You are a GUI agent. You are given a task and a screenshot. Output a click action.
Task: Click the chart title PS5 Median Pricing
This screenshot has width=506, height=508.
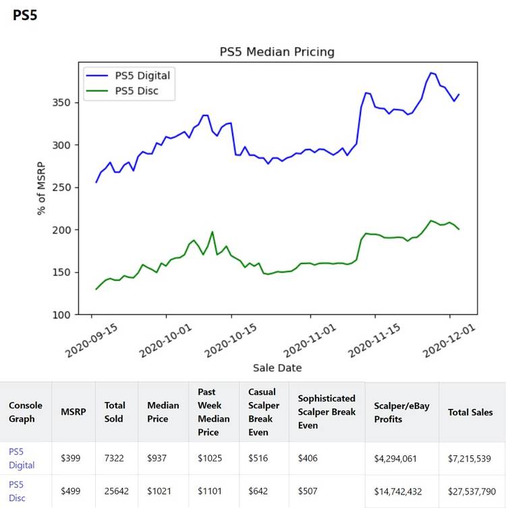tap(277, 52)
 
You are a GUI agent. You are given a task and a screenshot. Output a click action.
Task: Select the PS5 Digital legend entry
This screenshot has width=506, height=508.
tap(142, 75)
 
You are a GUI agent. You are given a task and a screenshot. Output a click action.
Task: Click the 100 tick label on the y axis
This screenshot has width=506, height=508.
tap(61, 315)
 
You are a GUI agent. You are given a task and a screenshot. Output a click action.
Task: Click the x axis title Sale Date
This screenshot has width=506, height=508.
tap(277, 368)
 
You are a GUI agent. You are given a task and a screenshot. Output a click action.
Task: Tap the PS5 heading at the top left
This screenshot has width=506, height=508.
tap(25, 16)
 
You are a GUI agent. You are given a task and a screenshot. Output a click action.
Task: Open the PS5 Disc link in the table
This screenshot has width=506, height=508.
tap(18, 490)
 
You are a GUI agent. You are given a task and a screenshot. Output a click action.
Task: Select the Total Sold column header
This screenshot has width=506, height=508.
tap(115, 412)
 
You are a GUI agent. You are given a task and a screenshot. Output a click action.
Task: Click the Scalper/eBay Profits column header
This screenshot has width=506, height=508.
tap(397, 412)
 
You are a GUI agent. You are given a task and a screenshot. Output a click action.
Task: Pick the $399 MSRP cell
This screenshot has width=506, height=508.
tap(71, 458)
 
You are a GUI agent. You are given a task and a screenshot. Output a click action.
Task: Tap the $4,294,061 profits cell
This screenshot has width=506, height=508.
tap(395, 458)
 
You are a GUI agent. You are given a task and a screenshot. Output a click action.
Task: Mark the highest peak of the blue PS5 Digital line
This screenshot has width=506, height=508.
tap(430, 73)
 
